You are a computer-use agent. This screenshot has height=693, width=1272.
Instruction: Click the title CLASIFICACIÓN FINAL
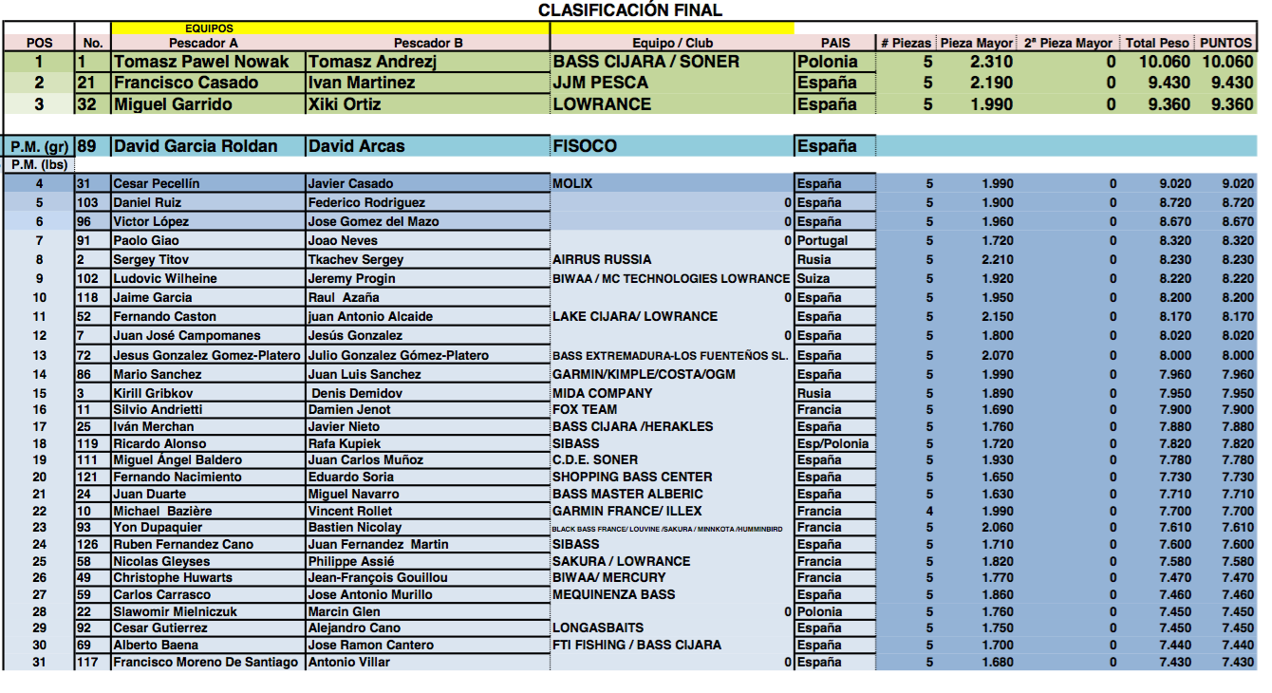click(629, 10)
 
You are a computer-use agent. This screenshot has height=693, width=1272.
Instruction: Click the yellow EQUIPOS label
click(210, 28)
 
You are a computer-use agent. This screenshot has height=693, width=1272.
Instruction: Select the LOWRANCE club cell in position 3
click(602, 104)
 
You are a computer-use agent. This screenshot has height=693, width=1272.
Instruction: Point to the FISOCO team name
click(585, 146)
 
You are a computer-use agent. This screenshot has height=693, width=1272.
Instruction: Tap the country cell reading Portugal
click(822, 241)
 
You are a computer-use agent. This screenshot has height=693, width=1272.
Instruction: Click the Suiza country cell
click(814, 279)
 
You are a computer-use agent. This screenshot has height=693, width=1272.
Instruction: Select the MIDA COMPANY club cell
click(602, 393)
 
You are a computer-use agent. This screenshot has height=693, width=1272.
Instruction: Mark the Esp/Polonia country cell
click(832, 443)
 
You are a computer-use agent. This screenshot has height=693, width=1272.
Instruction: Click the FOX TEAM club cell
click(585, 410)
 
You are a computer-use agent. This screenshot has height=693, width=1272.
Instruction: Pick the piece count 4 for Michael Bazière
click(929, 511)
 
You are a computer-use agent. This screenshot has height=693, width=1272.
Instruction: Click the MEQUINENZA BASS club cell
click(613, 594)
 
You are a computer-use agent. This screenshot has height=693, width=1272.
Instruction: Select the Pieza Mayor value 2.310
click(991, 62)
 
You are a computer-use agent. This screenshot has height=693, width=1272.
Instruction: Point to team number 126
click(89, 544)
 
